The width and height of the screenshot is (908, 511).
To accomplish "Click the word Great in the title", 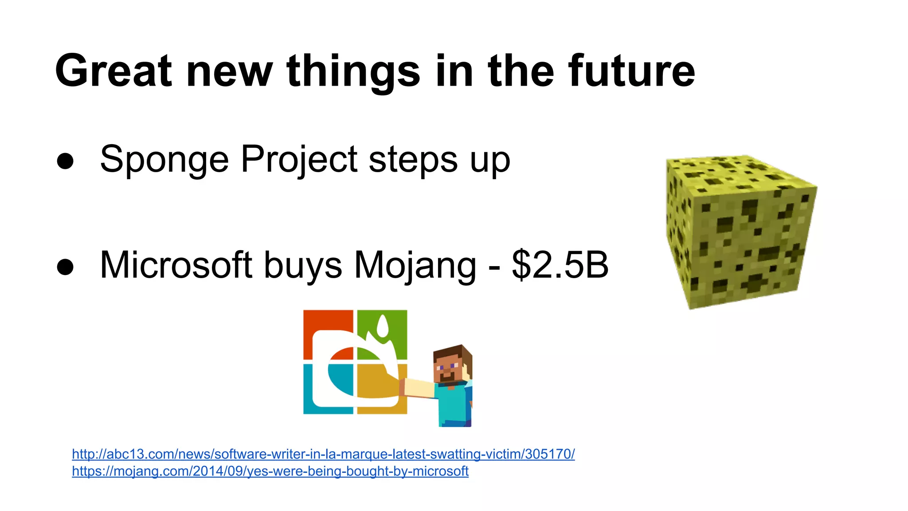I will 113,71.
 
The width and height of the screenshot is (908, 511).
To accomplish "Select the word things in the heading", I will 353,71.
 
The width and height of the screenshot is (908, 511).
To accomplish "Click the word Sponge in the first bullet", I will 164,160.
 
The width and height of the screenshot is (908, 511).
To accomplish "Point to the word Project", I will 299,160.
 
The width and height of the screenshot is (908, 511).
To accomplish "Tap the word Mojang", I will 415,265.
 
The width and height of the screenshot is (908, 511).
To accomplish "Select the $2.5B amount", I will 560,265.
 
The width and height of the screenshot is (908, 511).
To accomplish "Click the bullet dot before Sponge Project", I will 65,161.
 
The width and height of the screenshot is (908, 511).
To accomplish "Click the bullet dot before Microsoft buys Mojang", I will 65,267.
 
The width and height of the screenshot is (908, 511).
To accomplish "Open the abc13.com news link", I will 323,454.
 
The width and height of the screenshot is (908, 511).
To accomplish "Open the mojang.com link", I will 270,471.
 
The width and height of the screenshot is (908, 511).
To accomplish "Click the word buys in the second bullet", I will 303,265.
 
